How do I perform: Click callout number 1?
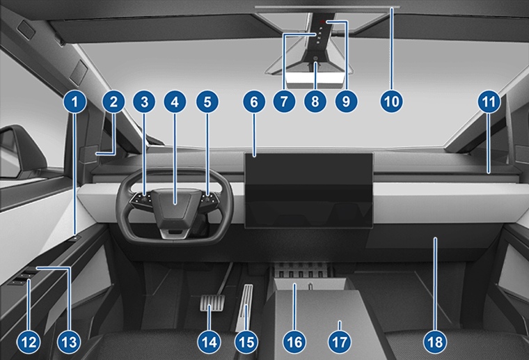click(x=77, y=102)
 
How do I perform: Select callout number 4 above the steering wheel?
click(x=175, y=102)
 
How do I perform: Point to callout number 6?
click(x=254, y=102)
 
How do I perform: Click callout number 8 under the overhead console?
click(x=315, y=102)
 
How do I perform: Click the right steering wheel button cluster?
click(x=206, y=201)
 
